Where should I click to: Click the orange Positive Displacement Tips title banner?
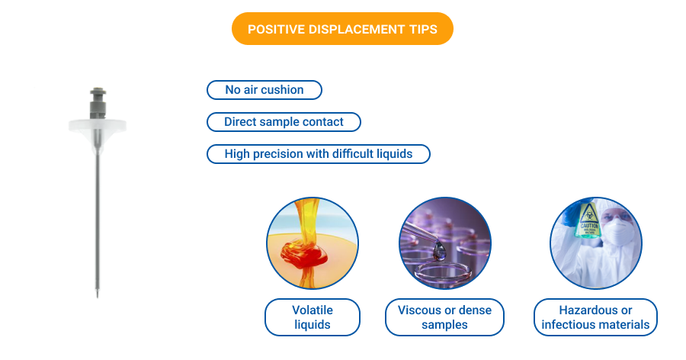tap(342, 29)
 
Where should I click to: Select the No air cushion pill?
tap(264, 90)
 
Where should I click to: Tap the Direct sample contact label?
tap(284, 122)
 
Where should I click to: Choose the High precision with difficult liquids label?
tap(318, 154)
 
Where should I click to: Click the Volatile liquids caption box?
tap(312, 317)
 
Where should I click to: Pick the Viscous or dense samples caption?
tap(444, 317)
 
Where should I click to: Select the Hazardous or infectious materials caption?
tap(595, 317)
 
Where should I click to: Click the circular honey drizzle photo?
tap(312, 243)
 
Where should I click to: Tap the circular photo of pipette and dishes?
tap(444, 243)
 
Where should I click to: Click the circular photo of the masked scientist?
tap(595, 243)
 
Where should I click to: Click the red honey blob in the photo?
tap(300, 252)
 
